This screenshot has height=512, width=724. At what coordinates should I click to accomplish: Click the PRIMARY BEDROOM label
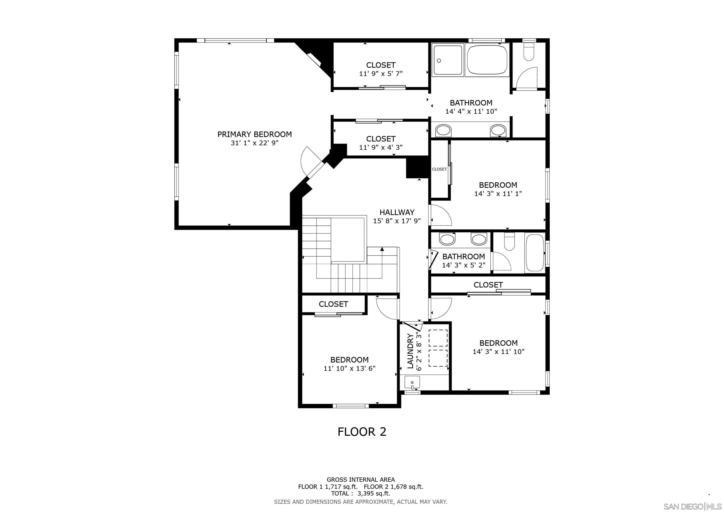(x=254, y=134)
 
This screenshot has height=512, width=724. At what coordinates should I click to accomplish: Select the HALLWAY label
(x=397, y=212)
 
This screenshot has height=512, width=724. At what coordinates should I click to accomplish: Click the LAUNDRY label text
(x=410, y=351)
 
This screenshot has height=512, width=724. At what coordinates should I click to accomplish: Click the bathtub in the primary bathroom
(x=487, y=60)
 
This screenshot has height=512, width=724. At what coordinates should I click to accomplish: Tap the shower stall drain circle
(x=439, y=60)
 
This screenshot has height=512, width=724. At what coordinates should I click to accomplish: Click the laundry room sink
(x=412, y=383)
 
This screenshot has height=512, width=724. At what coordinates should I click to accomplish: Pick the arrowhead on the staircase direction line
(x=382, y=249)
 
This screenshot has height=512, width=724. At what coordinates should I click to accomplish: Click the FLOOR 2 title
(x=362, y=431)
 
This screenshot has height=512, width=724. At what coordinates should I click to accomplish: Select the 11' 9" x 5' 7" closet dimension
(x=380, y=74)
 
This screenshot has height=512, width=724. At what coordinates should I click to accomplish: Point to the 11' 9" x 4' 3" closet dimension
(x=380, y=147)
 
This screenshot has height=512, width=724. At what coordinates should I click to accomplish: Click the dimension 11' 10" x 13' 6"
(x=349, y=368)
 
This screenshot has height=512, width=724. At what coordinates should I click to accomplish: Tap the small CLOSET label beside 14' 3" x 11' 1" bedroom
(x=439, y=169)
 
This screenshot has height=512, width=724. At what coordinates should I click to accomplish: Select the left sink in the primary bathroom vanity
(x=443, y=130)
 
